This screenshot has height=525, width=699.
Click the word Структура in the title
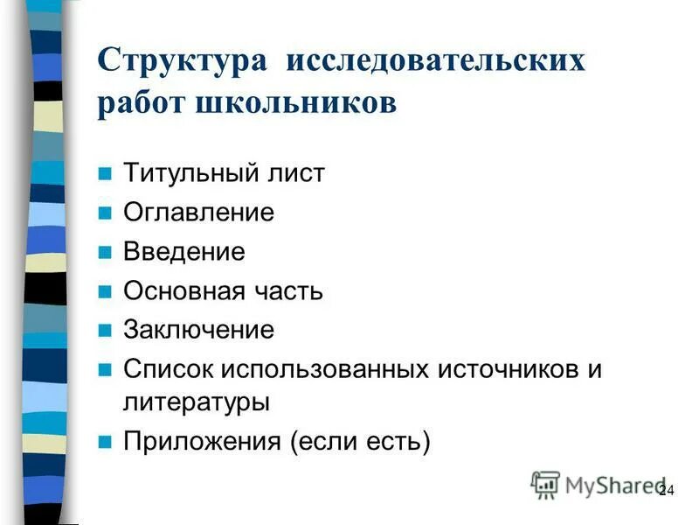tap(180, 61)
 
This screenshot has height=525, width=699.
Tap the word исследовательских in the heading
tap(433, 61)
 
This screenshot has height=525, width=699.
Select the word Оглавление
tap(198, 213)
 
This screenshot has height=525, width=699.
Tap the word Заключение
tap(198, 330)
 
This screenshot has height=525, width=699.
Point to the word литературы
tap(196, 402)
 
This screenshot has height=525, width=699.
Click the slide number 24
tap(666, 490)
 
